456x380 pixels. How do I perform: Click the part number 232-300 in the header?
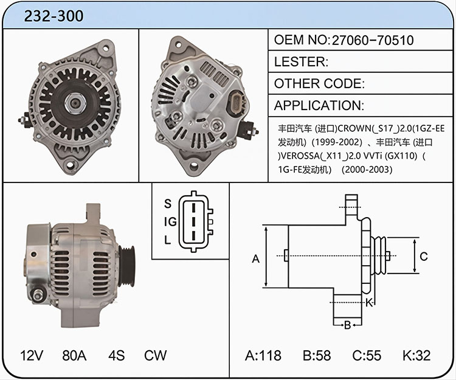coord(54,16)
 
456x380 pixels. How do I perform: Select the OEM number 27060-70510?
coord(373,40)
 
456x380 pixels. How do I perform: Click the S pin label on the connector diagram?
coord(168,204)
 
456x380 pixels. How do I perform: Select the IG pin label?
coord(170,222)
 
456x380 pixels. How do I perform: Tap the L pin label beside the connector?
coord(167,240)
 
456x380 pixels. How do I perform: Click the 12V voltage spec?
coord(32,355)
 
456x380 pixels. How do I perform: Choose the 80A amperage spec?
coord(74,355)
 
